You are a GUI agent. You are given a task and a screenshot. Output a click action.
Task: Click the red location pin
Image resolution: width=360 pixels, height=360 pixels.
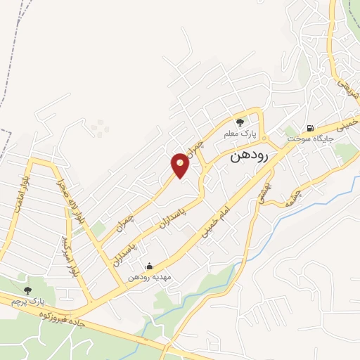tap(181, 165)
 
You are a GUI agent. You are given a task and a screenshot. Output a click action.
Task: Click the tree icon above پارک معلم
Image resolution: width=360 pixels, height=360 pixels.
tap(240, 122)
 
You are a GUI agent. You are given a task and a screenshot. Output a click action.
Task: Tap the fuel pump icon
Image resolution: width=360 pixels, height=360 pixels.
tap(309, 128)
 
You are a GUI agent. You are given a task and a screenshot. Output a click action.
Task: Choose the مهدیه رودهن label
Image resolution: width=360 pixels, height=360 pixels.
tap(148, 277)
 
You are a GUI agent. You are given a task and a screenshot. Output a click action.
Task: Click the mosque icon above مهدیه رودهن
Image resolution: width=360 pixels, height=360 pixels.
tap(148, 266)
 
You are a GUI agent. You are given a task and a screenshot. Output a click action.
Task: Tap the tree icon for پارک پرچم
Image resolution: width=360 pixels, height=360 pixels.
tap(27, 290)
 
